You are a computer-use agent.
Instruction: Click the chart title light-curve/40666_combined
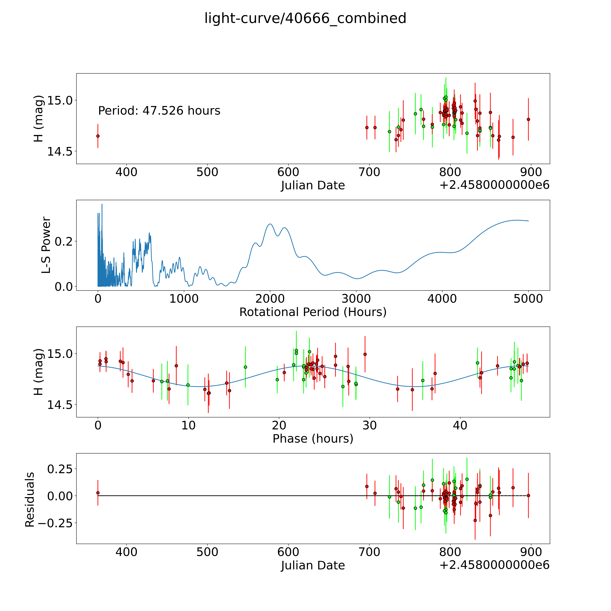tap(305, 18)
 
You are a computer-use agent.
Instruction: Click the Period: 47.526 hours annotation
tap(159, 111)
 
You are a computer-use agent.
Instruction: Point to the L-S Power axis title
tap(46, 245)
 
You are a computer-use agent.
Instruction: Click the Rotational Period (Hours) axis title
tap(313, 312)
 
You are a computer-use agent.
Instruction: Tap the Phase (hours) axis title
tap(313, 439)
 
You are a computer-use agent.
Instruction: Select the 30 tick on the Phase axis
tap(369, 426)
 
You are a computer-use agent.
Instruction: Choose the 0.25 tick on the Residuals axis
tap(60, 469)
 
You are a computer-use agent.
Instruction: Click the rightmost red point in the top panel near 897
tap(528, 119)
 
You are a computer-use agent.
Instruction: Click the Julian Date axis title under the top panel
tap(313, 185)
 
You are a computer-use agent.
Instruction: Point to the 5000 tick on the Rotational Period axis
tap(528, 299)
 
